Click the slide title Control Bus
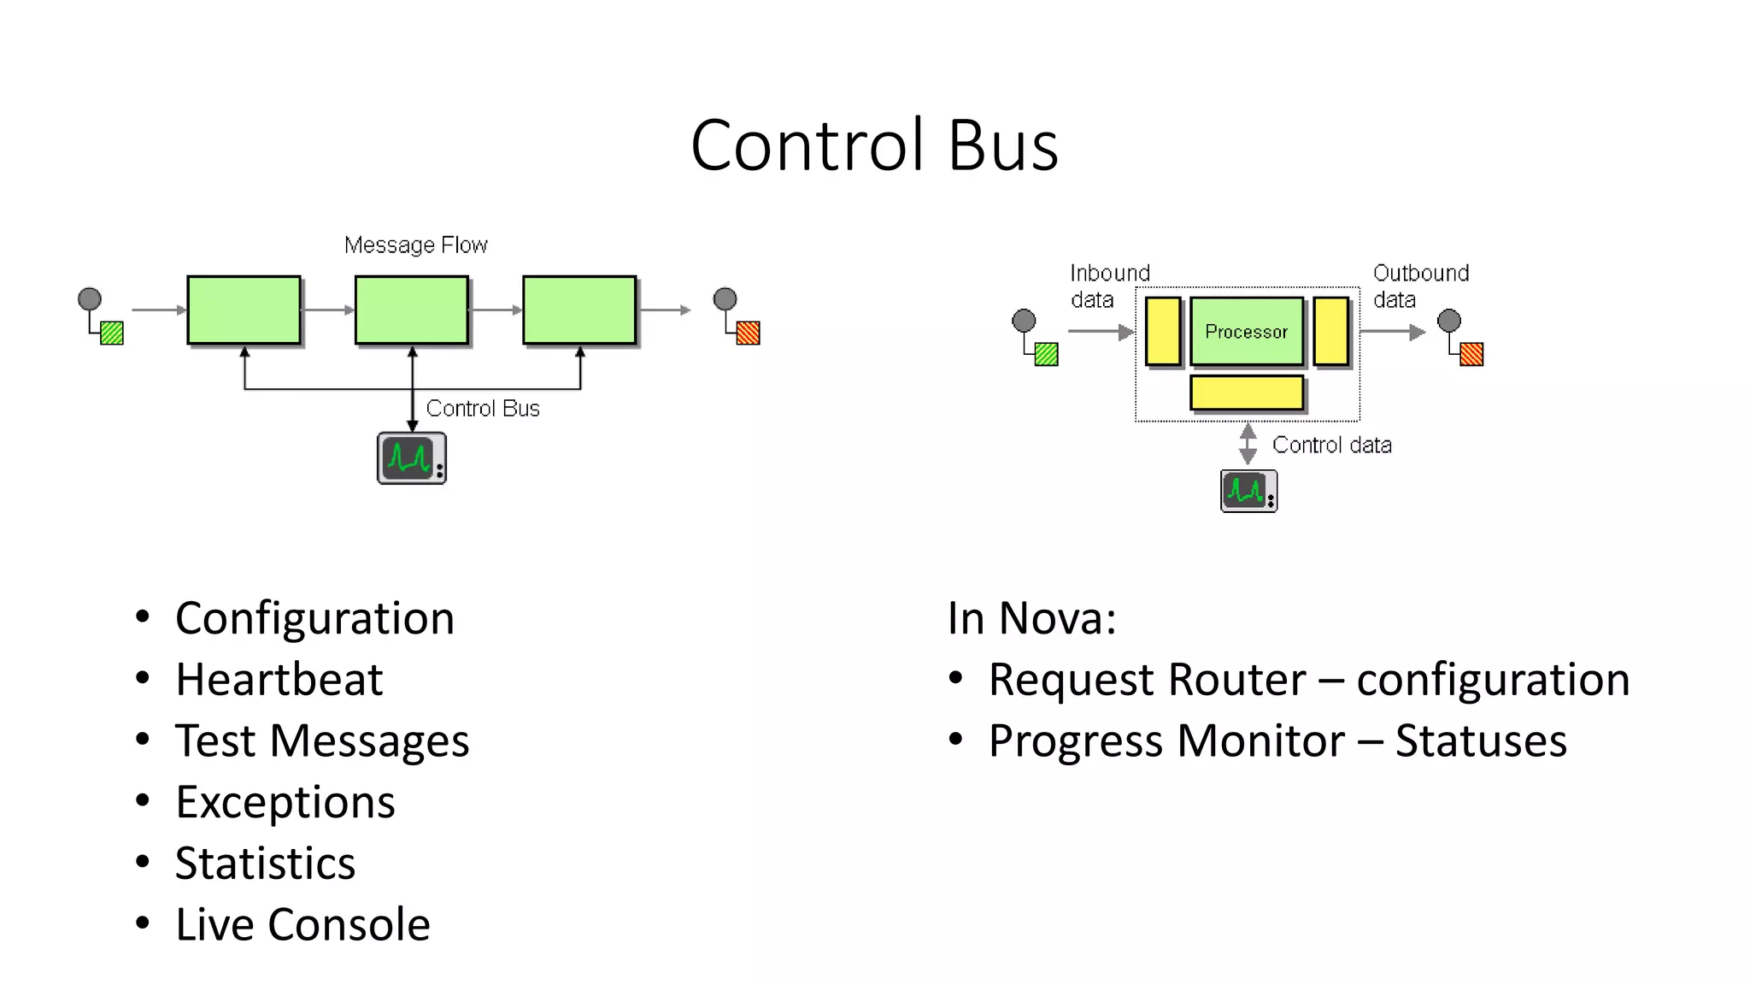(874, 145)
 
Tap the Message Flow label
(415, 245)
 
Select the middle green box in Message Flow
(412, 310)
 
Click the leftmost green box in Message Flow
(244, 310)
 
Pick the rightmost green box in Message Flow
(579, 310)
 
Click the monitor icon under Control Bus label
(411, 458)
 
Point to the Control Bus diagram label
(483, 409)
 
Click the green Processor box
(1246, 332)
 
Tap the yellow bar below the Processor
(1246, 393)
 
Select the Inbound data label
(1108, 286)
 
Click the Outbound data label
(1419, 286)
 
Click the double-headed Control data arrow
(1248, 444)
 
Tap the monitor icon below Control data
(1248, 491)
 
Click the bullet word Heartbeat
(279, 680)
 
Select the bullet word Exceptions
(285, 802)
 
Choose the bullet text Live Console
(302, 924)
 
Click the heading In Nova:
(1031, 618)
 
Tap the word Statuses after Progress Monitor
(1481, 740)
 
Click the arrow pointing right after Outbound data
(1393, 332)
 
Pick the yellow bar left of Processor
(1163, 332)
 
